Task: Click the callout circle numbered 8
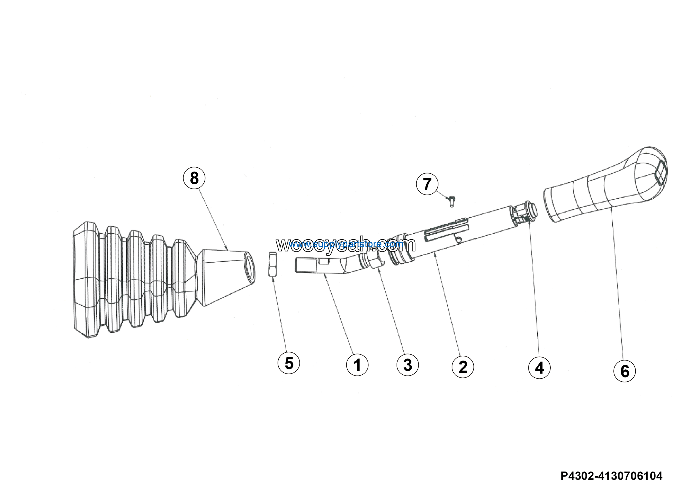[194, 178]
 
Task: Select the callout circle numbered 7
[427, 184]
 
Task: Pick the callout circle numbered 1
[357, 365]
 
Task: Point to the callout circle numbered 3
[407, 365]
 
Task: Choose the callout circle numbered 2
[463, 366]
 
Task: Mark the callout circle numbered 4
[539, 368]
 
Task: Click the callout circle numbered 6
[624, 371]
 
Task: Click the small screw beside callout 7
[451, 201]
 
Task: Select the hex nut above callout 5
[272, 265]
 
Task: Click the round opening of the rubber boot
[249, 267]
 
